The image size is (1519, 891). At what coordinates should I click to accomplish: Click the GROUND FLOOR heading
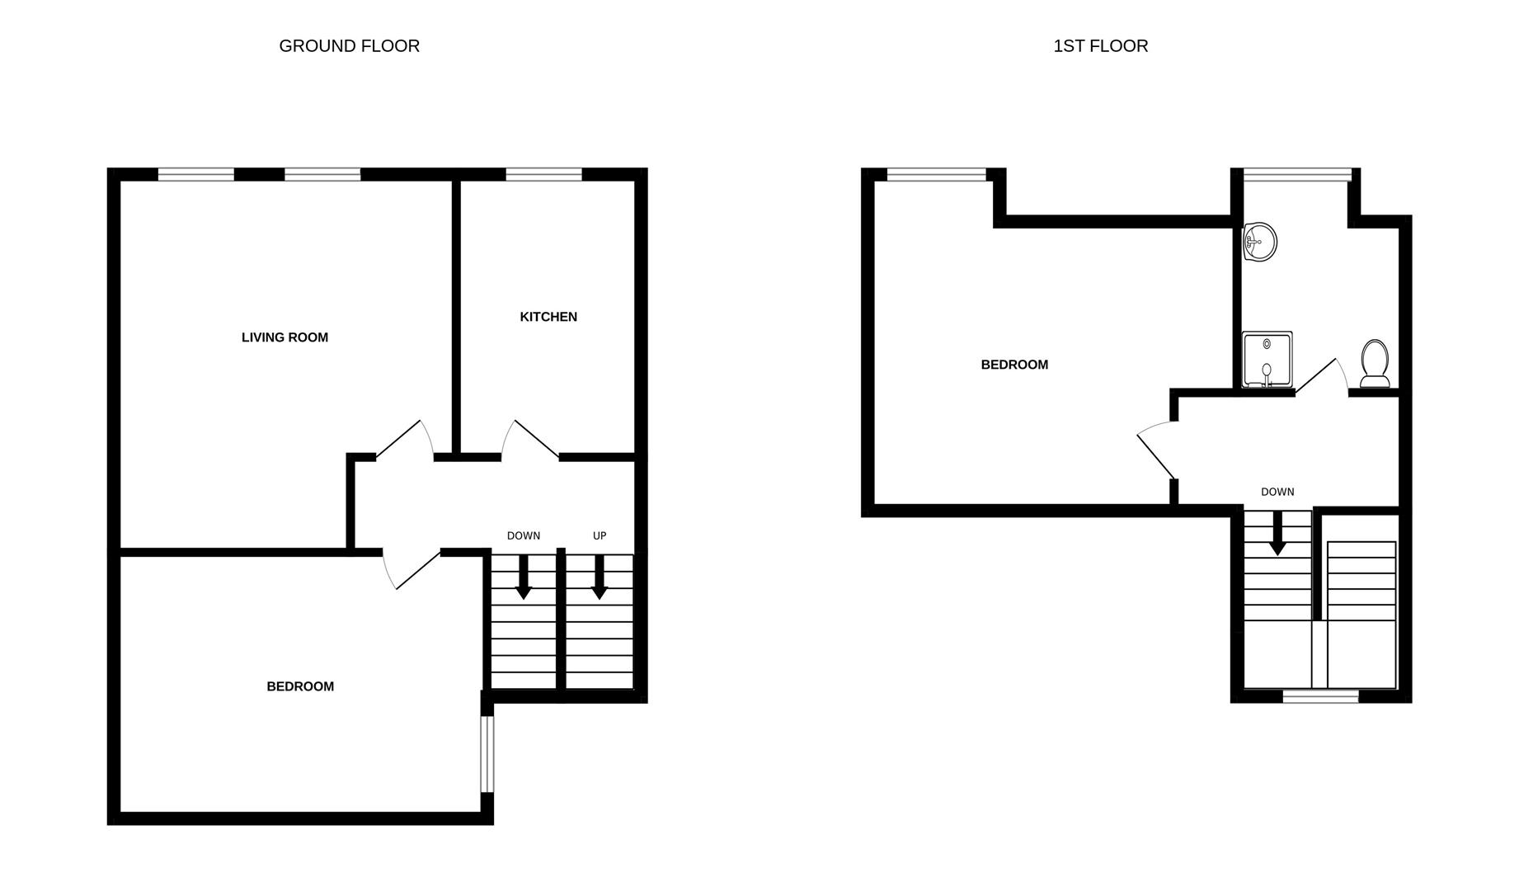tap(350, 46)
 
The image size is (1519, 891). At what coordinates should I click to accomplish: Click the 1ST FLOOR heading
tap(1101, 46)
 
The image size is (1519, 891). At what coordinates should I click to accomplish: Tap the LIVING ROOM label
tap(285, 337)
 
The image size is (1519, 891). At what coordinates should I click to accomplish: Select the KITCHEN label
tap(548, 317)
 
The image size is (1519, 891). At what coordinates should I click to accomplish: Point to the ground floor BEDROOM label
tap(300, 686)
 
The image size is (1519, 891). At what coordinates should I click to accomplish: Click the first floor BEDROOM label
tap(1014, 365)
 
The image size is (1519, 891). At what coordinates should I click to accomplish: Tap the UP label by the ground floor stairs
tap(600, 536)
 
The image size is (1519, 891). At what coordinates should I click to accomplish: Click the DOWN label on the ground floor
tap(524, 536)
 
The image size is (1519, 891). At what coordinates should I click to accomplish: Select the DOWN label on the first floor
tap(1277, 493)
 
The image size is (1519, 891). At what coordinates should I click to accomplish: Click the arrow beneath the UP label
tap(600, 577)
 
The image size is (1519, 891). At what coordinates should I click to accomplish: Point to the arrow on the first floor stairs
tap(1277, 533)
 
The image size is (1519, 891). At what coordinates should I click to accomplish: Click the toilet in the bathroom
tap(1375, 364)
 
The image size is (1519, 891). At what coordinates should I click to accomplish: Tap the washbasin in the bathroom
tap(1259, 242)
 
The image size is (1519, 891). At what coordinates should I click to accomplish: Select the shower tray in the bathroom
tap(1267, 360)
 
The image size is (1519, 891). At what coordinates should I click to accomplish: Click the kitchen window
tap(543, 174)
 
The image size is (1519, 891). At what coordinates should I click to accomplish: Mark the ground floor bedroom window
tap(487, 754)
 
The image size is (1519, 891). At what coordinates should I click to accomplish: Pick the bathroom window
tap(1296, 174)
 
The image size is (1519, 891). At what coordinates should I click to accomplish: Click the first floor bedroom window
tap(937, 174)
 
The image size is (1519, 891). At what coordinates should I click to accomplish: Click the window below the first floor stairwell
tap(1321, 696)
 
